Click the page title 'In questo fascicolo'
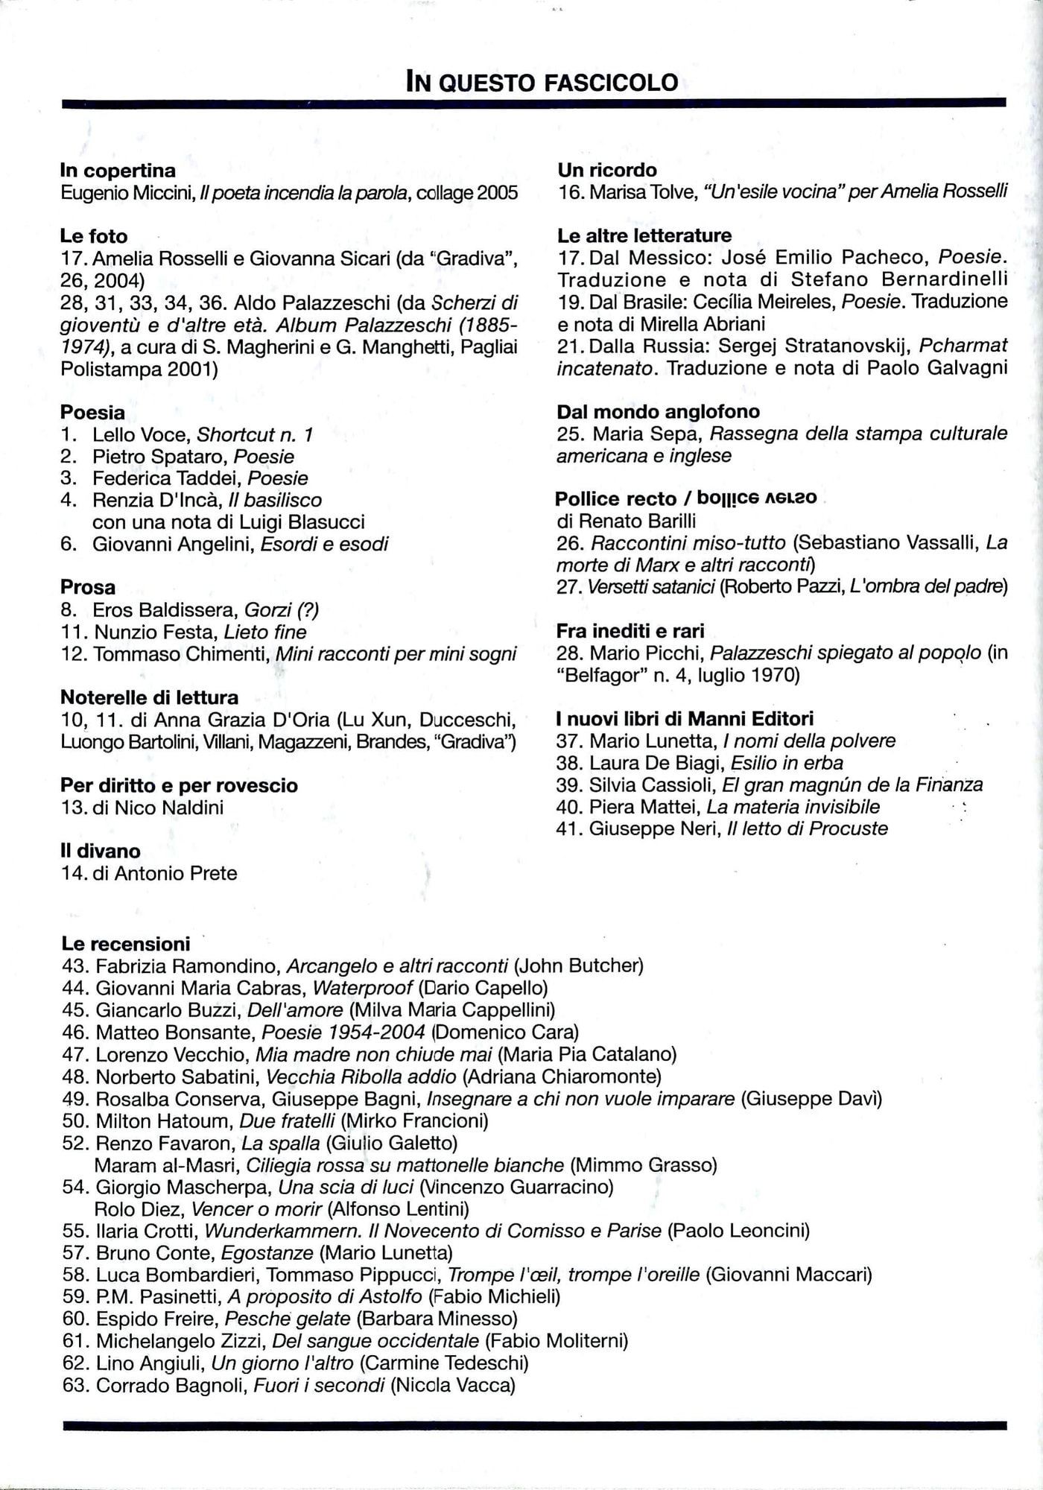pos(542,81)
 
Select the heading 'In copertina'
pos(118,171)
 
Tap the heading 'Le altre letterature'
pos(644,235)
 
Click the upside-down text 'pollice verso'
pos(758,497)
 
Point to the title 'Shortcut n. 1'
pos(255,434)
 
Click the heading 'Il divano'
pos(101,851)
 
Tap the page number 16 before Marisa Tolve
pos(570,192)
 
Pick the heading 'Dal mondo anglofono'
pos(658,411)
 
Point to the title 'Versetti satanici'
pos(650,587)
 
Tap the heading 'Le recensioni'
pos(125,944)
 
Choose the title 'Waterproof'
pos(362,989)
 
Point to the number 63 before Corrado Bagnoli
pos(75,1386)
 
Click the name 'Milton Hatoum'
pos(163,1120)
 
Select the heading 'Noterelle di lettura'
pos(149,698)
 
